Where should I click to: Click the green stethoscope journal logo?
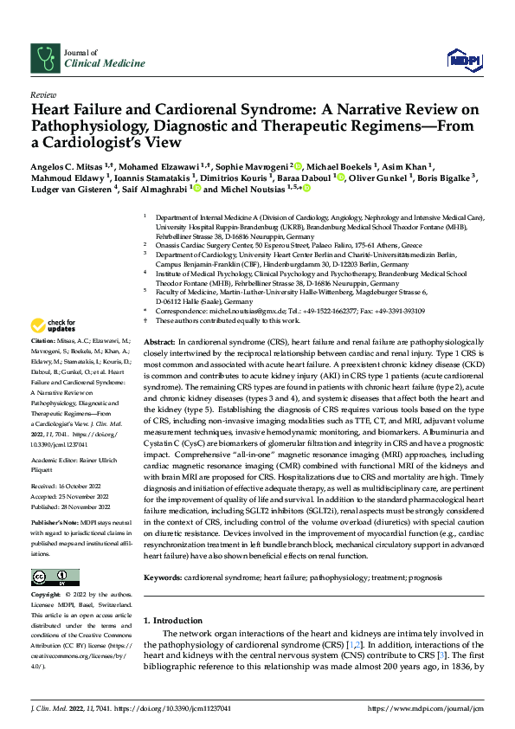pos(44,57)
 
